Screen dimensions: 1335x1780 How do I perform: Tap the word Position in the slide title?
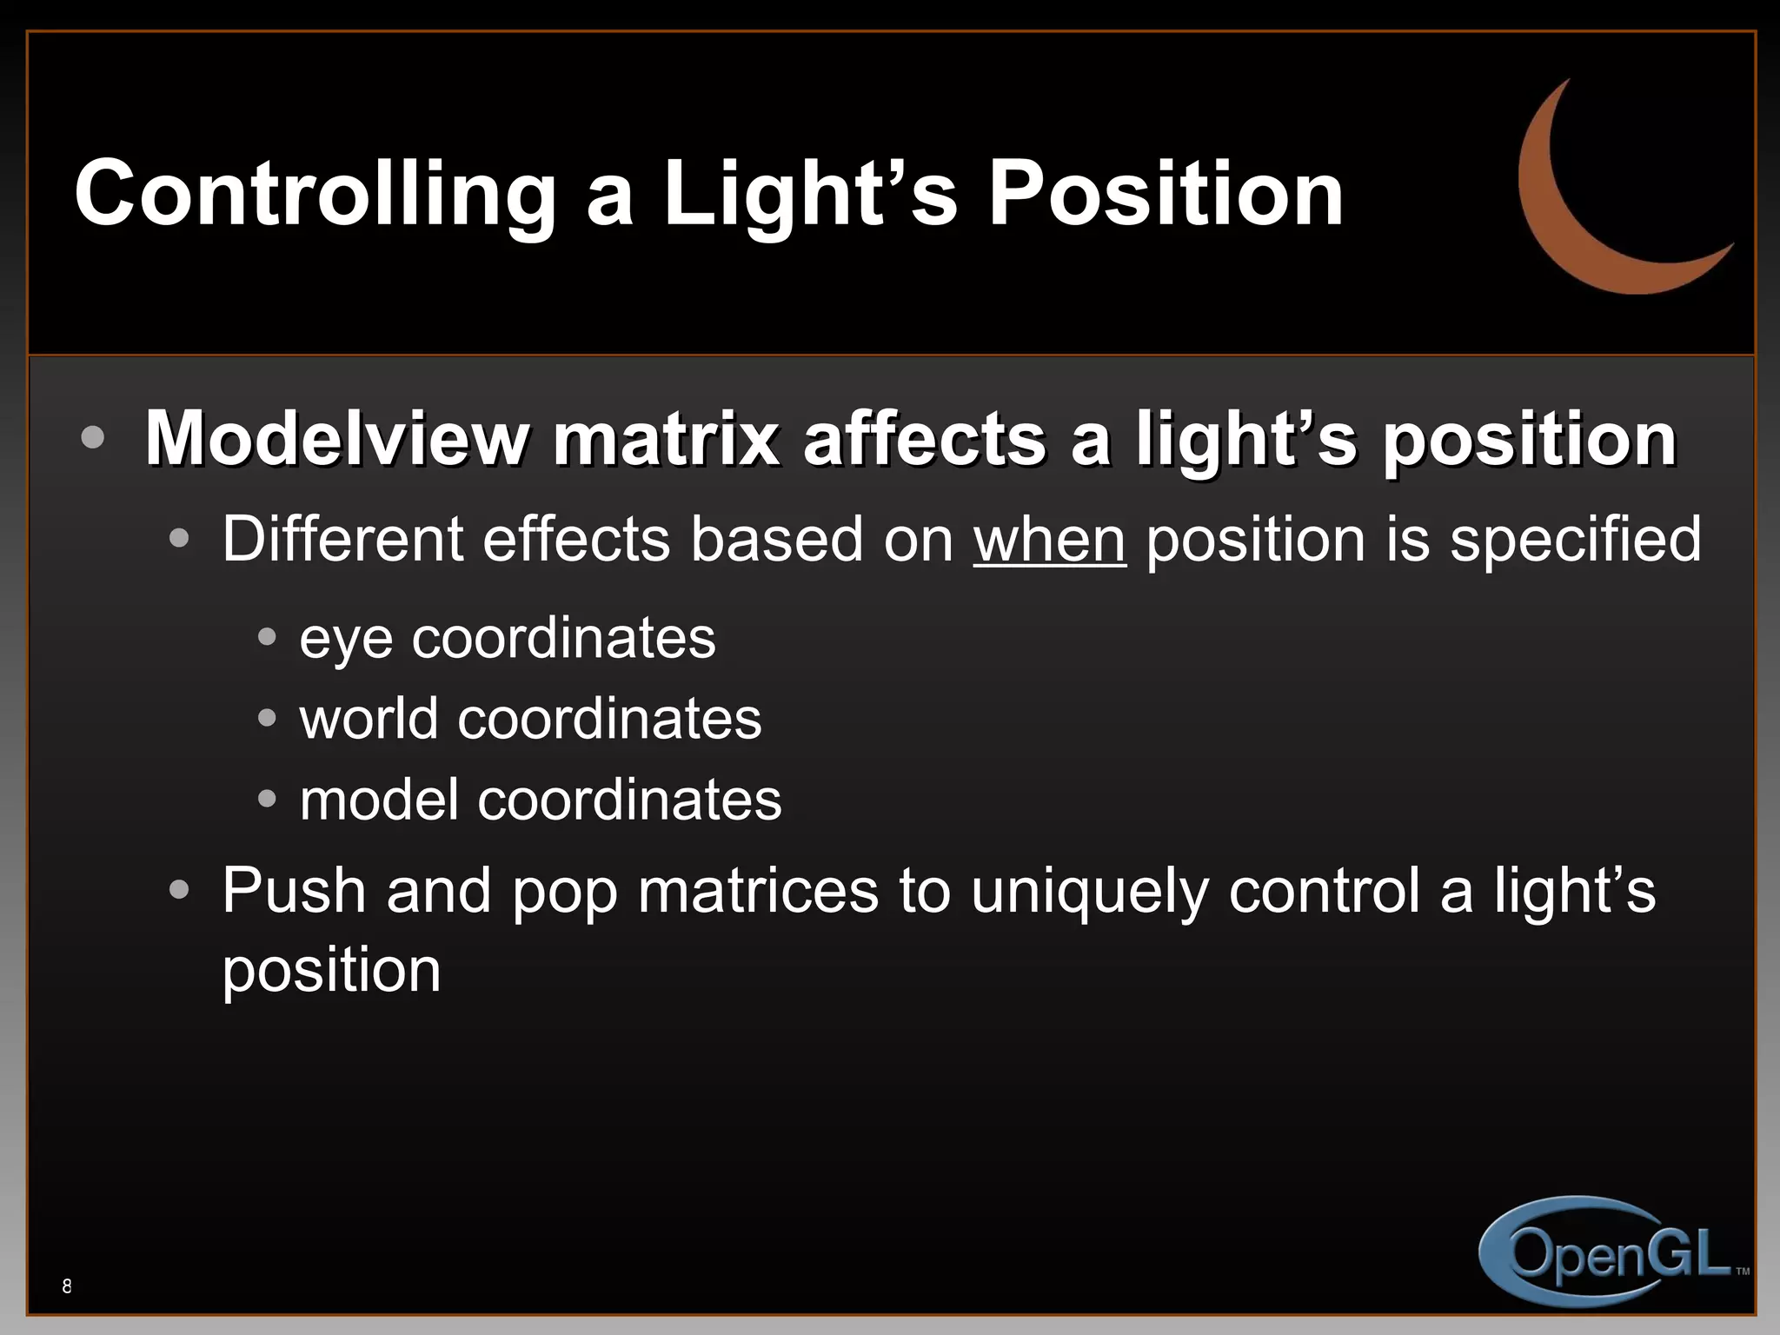click(1166, 195)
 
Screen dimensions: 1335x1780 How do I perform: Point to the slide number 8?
click(67, 1286)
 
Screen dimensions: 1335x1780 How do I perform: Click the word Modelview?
click(335, 439)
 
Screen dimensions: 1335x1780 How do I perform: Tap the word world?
click(369, 720)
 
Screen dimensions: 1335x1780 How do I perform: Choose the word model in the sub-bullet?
click(379, 800)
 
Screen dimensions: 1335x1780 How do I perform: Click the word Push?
click(294, 891)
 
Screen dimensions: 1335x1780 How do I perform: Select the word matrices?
click(758, 891)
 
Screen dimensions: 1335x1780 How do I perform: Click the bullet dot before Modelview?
click(92, 437)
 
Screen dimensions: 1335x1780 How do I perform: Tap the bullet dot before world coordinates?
click(267, 719)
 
